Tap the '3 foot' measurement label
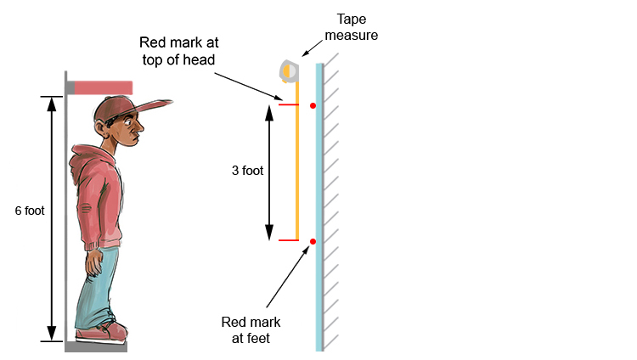pyautogui.click(x=247, y=170)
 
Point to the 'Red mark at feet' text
pyautogui.click(x=251, y=330)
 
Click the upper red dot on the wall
pyautogui.click(x=313, y=105)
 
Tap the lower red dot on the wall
pyautogui.click(x=313, y=242)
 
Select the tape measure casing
pyautogui.click(x=289, y=70)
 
